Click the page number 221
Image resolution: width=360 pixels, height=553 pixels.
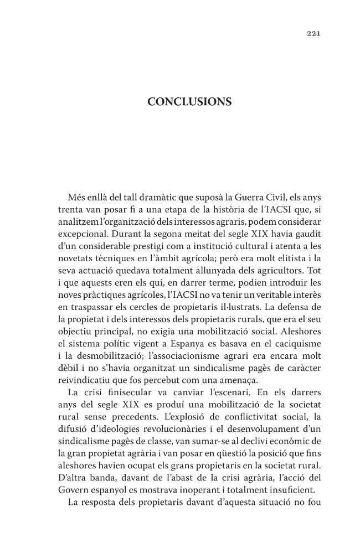point(313,33)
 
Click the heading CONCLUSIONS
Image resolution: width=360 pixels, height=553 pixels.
point(189,102)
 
